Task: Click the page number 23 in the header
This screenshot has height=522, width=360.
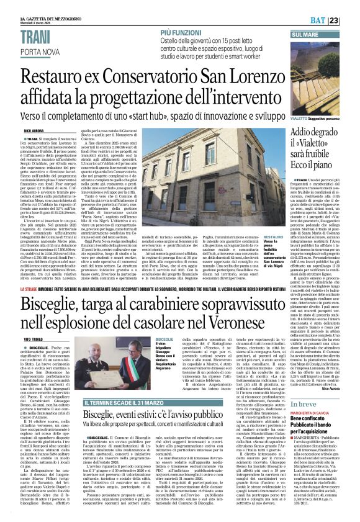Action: (x=351, y=21)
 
